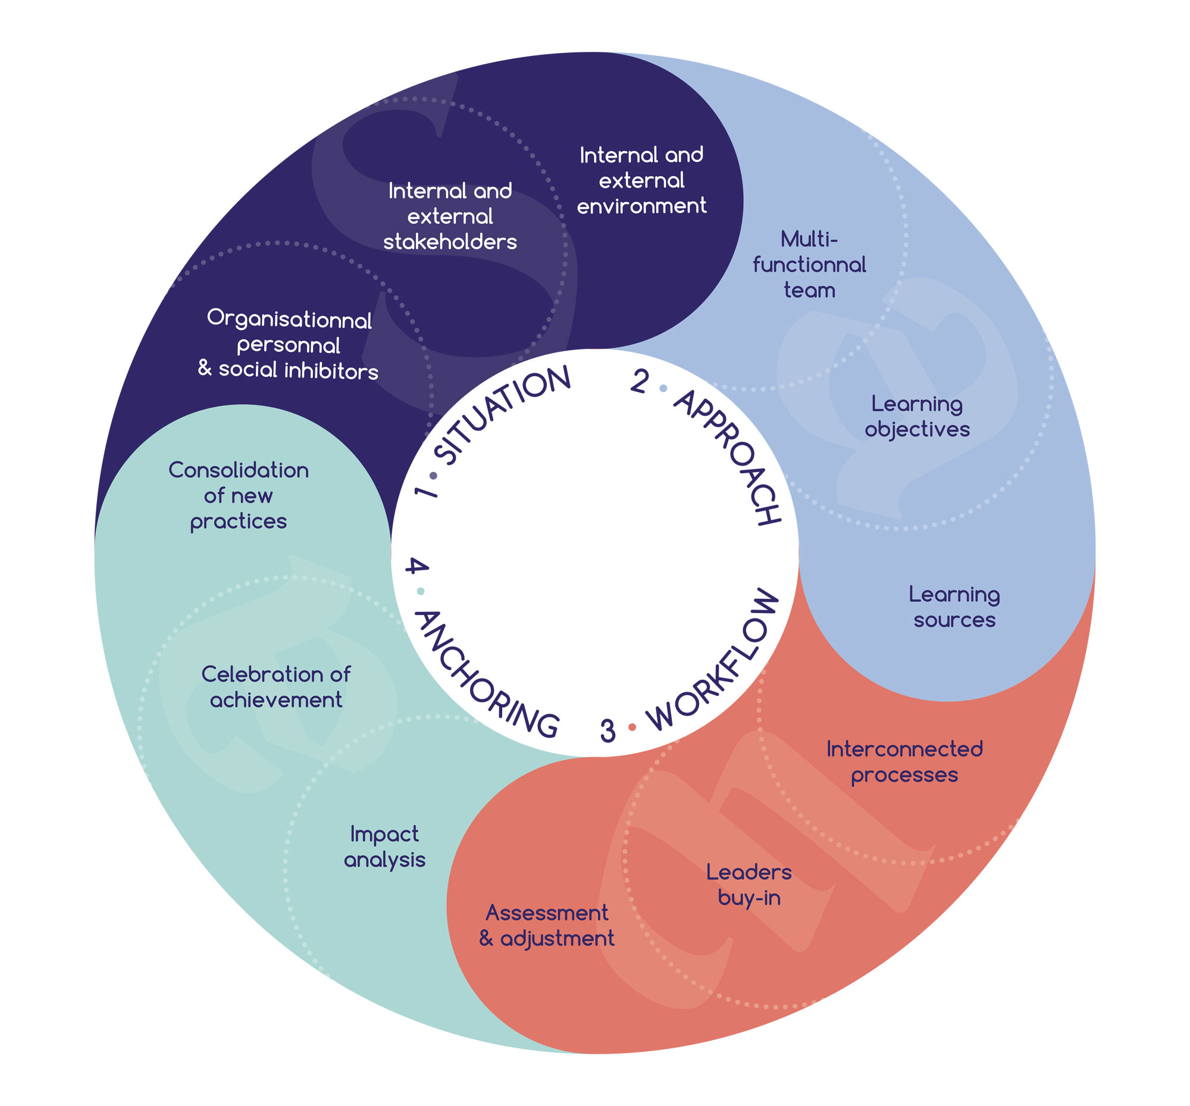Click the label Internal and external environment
point(641,180)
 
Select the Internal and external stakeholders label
point(450,216)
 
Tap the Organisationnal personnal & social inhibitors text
point(289,345)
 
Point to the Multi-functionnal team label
point(809,264)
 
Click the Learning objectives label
point(916,417)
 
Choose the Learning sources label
point(954,607)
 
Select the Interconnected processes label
point(904,762)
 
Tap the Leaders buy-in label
point(749,885)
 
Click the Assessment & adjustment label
point(546,926)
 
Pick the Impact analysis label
point(384,847)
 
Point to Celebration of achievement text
point(276,687)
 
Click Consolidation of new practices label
point(238,495)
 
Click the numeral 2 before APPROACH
point(640,381)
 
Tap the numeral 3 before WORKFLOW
point(607,731)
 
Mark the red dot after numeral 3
point(632,727)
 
